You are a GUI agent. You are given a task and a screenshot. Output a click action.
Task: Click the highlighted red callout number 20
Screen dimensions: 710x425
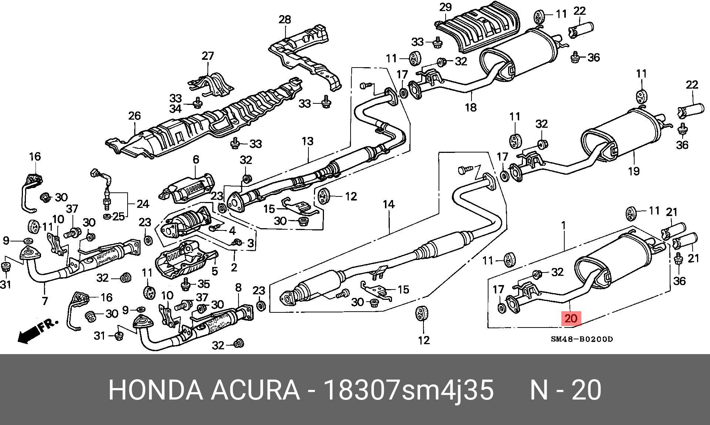pyautogui.click(x=571, y=319)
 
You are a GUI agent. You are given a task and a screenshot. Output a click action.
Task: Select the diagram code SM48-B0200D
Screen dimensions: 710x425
pyautogui.click(x=582, y=339)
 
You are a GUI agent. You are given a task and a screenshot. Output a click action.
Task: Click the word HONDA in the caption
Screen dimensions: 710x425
pyautogui.click(x=156, y=390)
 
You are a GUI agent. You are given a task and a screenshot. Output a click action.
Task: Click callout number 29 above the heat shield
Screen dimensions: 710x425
pyautogui.click(x=446, y=7)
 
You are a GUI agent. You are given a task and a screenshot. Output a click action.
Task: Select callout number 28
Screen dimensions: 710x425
pyautogui.click(x=285, y=20)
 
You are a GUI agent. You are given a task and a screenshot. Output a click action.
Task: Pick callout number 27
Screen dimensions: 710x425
pyautogui.click(x=208, y=56)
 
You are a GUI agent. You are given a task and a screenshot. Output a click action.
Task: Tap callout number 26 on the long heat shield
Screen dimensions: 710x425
pyautogui.click(x=135, y=116)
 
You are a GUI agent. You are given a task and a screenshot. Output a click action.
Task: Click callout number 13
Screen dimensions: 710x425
pyautogui.click(x=307, y=141)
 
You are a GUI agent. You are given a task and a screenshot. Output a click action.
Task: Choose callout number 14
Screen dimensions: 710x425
pyautogui.click(x=389, y=204)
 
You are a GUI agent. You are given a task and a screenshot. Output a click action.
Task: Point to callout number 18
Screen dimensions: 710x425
pyautogui.click(x=471, y=107)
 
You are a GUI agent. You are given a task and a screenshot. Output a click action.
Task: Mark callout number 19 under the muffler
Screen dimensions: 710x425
pyautogui.click(x=633, y=171)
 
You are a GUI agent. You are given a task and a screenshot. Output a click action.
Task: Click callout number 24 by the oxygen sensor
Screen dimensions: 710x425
pyautogui.click(x=143, y=204)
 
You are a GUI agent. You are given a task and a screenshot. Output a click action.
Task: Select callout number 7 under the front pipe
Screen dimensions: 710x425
pyautogui.click(x=45, y=301)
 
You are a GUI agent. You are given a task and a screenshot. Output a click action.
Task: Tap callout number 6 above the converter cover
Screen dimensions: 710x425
pyautogui.click(x=196, y=160)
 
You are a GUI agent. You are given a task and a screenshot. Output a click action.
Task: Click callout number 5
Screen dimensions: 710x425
pyautogui.click(x=215, y=271)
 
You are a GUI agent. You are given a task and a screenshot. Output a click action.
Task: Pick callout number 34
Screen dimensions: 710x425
pyautogui.click(x=176, y=109)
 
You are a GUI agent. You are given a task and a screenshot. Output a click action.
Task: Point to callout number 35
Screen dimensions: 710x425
pyautogui.click(x=204, y=284)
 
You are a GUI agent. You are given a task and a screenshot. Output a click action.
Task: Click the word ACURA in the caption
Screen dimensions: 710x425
pyautogui.click(x=255, y=390)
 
